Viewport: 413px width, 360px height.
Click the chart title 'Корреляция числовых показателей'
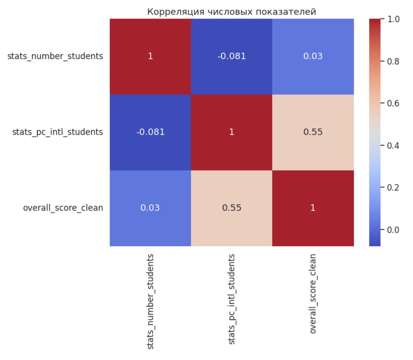pyautogui.click(x=231, y=11)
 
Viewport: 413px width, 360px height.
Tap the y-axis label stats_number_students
pyautogui.click(x=55, y=56)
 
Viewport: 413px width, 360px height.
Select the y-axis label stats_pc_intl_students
pyautogui.click(x=57, y=132)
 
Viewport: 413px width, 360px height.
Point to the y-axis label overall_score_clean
pyautogui.click(x=63, y=208)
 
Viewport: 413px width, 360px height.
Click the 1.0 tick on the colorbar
pyautogui.click(x=393, y=19)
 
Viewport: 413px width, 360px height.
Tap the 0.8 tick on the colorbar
pyautogui.click(x=393, y=61)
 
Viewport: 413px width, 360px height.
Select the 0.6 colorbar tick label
pyautogui.click(x=393, y=103)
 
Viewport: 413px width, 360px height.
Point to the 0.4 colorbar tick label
pyautogui.click(x=393, y=146)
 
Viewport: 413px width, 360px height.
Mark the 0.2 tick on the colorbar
pyautogui.click(x=393, y=187)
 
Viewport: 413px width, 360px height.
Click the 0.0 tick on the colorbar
pyautogui.click(x=393, y=230)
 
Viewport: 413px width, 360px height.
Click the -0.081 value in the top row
pyautogui.click(x=231, y=56)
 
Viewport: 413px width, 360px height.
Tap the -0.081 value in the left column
pyautogui.click(x=150, y=132)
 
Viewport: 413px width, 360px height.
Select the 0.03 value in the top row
pyautogui.click(x=313, y=56)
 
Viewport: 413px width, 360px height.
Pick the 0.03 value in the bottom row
pyautogui.click(x=150, y=208)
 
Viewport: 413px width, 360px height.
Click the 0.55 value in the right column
pyautogui.click(x=313, y=132)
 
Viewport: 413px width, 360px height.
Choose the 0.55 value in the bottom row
pyautogui.click(x=231, y=208)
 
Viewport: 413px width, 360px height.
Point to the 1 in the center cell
pyautogui.click(x=231, y=132)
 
